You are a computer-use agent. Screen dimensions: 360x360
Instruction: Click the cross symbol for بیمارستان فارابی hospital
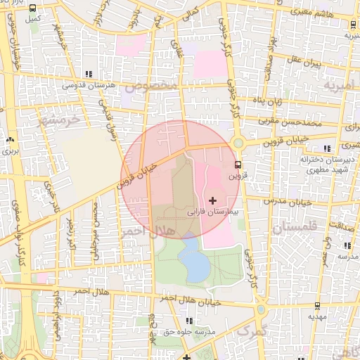(213, 201)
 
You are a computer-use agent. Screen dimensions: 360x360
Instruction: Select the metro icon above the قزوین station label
(238, 165)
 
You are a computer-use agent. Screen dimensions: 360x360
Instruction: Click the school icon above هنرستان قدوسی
(88, 74)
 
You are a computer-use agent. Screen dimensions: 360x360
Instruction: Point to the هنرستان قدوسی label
(88, 84)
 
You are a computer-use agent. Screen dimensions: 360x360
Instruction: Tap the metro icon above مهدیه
(316, 306)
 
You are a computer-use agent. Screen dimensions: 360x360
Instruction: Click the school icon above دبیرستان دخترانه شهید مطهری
(326, 148)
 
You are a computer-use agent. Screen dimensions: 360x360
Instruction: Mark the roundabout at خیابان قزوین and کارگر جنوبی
(239, 143)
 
